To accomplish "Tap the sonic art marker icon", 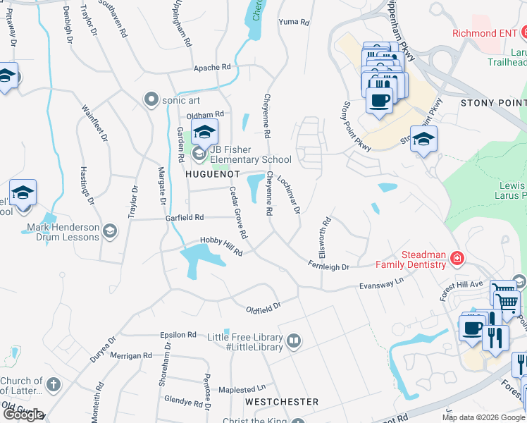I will [x=150, y=100].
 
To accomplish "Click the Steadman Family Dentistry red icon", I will [x=457, y=259].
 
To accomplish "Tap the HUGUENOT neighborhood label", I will [x=213, y=173].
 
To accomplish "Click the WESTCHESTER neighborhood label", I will [x=282, y=401].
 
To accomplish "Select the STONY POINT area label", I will [x=493, y=103].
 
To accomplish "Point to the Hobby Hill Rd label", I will [x=221, y=247].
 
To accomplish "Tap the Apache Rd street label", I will [x=212, y=67].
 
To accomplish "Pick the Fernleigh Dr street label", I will [x=328, y=266].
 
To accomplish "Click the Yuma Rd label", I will [x=294, y=23].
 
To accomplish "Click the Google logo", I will [x=23, y=415].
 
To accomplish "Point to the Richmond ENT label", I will [x=481, y=32].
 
